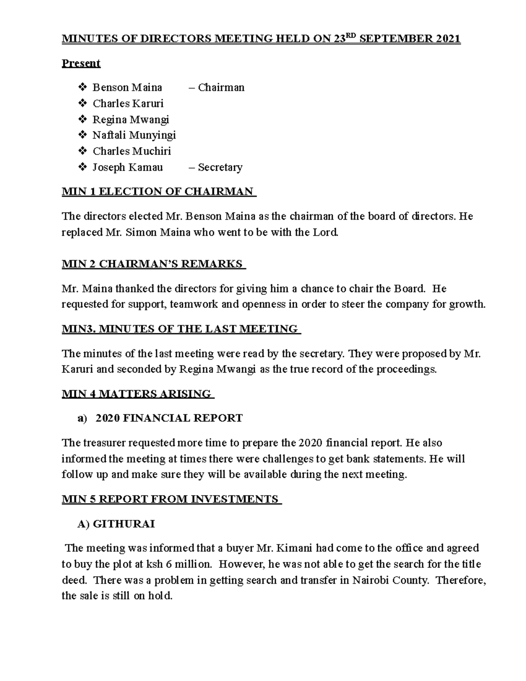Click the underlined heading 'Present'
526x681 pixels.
click(x=81, y=63)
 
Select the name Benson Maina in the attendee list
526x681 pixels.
click(x=127, y=88)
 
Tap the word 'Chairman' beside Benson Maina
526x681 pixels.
click(x=221, y=88)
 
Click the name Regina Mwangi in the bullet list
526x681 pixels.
click(x=131, y=120)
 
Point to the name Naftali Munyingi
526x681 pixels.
click(x=134, y=135)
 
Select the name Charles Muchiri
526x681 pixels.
click(x=131, y=151)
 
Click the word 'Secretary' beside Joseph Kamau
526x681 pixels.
click(x=220, y=168)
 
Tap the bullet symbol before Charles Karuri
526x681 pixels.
click(x=82, y=104)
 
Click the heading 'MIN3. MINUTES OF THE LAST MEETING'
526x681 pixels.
click(x=180, y=329)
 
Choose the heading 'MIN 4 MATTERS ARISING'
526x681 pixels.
click(x=137, y=394)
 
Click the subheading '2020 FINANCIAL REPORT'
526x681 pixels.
click(x=169, y=418)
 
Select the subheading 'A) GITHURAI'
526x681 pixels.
click(x=116, y=524)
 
